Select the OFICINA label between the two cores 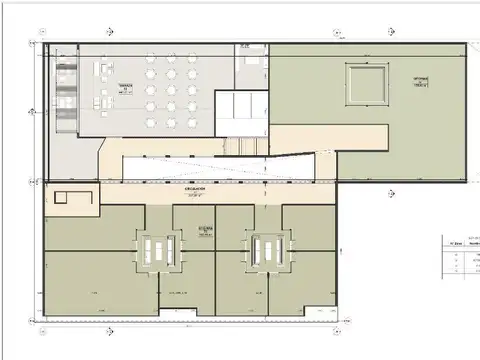204,229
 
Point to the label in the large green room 421,80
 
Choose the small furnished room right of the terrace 250,69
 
